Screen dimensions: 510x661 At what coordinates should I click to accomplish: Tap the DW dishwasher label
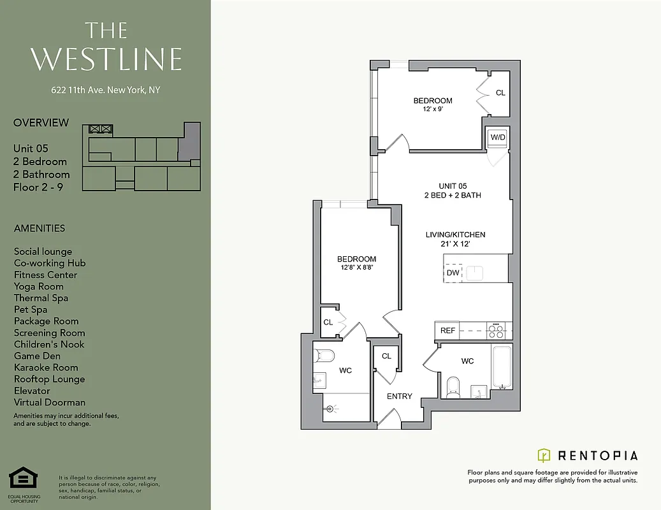click(453, 273)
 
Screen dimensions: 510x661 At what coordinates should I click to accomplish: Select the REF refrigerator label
click(448, 330)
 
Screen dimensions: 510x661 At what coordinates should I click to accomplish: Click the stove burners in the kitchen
click(495, 330)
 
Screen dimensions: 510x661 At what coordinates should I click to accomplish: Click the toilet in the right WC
click(453, 385)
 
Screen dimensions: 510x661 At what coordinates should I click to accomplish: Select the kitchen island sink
click(476, 273)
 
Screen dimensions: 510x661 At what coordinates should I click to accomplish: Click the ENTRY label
click(400, 397)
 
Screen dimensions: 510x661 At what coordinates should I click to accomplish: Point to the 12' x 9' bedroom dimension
click(433, 109)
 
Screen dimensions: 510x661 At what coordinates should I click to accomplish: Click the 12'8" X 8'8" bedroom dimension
click(356, 268)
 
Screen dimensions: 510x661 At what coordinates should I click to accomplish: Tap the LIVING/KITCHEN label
click(455, 235)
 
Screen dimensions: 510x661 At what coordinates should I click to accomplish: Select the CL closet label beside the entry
click(386, 356)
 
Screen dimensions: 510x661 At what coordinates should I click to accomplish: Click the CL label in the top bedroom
click(500, 93)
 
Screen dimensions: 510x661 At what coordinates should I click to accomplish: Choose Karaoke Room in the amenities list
click(46, 367)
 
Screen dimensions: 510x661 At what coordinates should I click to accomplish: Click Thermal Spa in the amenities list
click(41, 298)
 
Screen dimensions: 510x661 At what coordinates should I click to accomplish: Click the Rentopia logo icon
click(544, 455)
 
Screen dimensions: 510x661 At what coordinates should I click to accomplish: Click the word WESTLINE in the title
click(106, 59)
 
